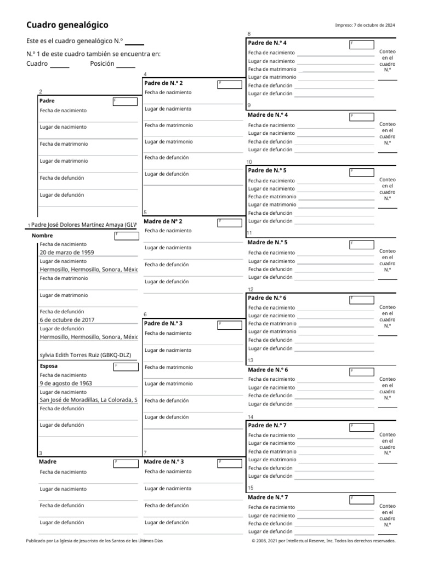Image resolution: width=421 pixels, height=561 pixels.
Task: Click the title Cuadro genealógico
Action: (67, 25)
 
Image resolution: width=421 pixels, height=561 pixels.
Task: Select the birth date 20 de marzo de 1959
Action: (67, 253)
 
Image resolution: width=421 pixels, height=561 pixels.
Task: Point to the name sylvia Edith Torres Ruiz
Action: (87, 354)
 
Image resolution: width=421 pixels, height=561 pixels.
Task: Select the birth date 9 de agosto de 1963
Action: (66, 383)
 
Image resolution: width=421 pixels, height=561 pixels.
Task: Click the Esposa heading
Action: (49, 366)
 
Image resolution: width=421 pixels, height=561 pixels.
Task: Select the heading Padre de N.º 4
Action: (267, 43)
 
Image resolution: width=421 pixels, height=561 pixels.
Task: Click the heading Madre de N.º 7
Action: (268, 497)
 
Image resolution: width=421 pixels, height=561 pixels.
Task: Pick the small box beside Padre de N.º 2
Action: (229, 84)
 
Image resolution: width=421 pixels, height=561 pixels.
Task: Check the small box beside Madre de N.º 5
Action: (361, 244)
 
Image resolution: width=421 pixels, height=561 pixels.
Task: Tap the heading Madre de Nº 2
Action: (163, 221)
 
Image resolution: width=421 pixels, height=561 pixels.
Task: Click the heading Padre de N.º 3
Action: (163, 323)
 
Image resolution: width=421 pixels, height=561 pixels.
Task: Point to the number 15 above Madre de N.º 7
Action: (251, 488)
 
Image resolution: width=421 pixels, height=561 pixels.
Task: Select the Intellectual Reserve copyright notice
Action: (323, 541)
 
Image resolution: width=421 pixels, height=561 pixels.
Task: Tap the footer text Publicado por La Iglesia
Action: (94, 541)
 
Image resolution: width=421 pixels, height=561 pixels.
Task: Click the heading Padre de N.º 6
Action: (267, 298)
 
